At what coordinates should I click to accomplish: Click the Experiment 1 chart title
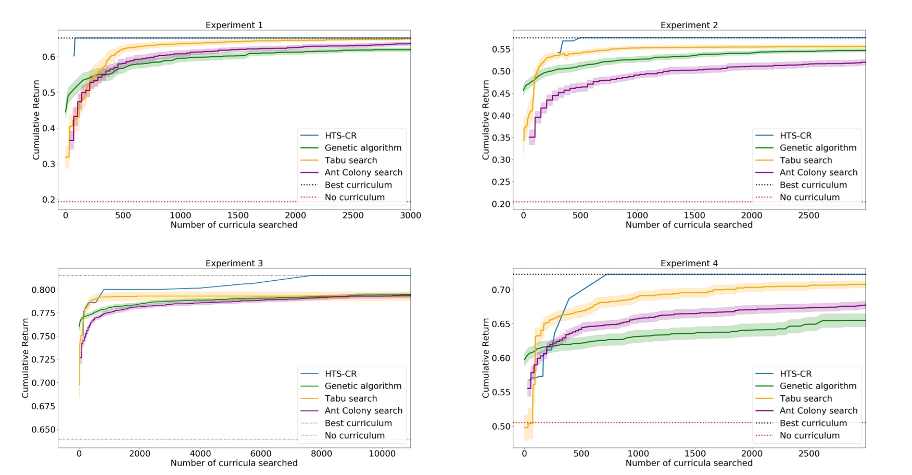click(234, 25)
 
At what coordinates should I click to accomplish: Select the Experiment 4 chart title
click(689, 263)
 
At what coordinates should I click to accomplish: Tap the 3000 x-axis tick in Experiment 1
click(410, 215)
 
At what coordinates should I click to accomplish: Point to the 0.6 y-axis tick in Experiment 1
click(48, 57)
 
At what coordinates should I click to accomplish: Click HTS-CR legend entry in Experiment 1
click(340, 135)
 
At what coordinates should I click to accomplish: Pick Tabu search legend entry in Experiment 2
click(805, 160)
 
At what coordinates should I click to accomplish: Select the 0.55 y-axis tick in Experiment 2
click(501, 49)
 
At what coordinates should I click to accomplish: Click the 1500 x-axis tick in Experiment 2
click(694, 215)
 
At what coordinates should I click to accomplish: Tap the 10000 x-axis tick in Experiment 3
click(382, 454)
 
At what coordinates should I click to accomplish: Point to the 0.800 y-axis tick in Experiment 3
click(44, 290)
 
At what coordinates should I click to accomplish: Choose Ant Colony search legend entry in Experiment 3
click(363, 410)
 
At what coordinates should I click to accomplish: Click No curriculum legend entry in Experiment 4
click(809, 435)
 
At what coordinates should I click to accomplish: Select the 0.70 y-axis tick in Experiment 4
click(501, 290)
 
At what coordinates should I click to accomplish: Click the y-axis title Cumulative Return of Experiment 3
click(26, 358)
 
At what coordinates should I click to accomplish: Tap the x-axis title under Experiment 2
click(689, 225)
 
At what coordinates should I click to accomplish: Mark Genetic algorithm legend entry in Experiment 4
click(818, 386)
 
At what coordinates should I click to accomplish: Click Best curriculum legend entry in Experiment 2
click(813, 185)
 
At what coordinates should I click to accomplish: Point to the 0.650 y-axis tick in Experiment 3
click(44, 430)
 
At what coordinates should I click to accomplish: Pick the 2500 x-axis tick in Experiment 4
click(808, 454)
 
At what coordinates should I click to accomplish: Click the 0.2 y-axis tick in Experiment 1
click(48, 200)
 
